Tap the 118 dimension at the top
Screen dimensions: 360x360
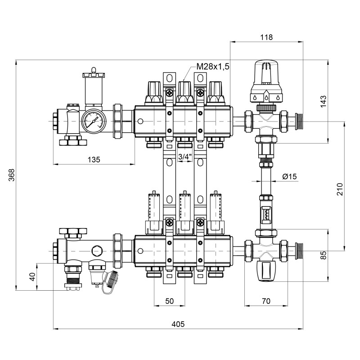[266, 37]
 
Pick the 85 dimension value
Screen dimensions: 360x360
[323, 255]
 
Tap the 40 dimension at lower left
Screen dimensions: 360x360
[31, 276]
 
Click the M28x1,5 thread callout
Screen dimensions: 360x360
[212, 67]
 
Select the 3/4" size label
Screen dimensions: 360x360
[184, 157]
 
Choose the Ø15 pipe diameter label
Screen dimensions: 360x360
[290, 177]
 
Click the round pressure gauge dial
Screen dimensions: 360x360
[93, 121]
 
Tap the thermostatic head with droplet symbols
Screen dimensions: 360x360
[266, 83]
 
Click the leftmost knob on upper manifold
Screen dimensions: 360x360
[154, 90]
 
